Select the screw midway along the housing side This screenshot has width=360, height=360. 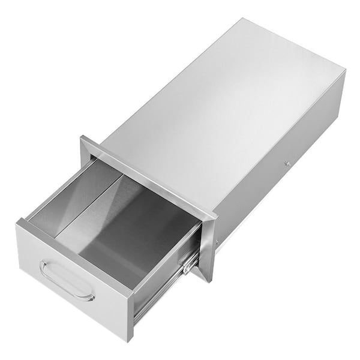pos(287,163)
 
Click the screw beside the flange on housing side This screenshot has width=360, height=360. pos(217,242)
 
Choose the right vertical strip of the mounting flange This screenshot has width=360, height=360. pos(208,246)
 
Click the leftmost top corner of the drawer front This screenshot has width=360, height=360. pos(17,220)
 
